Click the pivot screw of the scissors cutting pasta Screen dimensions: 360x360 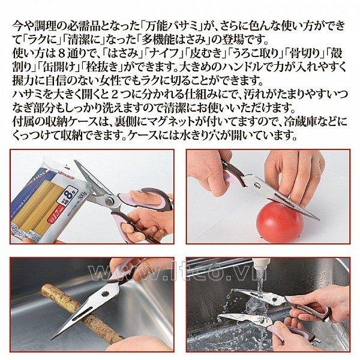[x=109, y=202]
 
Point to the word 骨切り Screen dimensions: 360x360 [x=305, y=53]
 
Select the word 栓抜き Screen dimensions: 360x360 [x=102, y=67]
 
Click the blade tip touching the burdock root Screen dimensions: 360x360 [x=52, y=338]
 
